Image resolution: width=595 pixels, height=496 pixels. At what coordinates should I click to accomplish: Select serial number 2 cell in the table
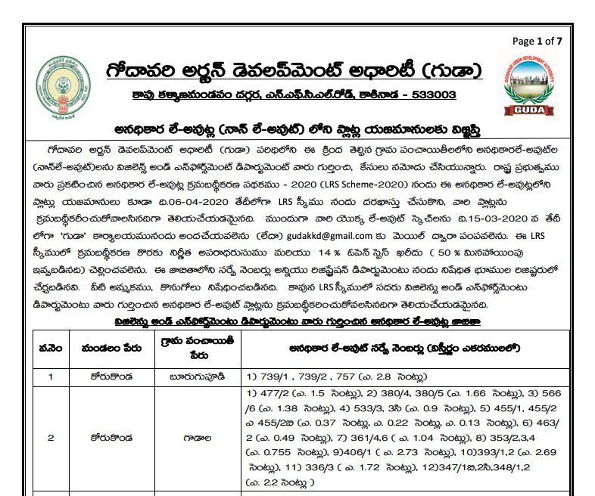pyautogui.click(x=51, y=437)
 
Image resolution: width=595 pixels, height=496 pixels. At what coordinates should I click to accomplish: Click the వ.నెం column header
pyautogui.click(x=51, y=349)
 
